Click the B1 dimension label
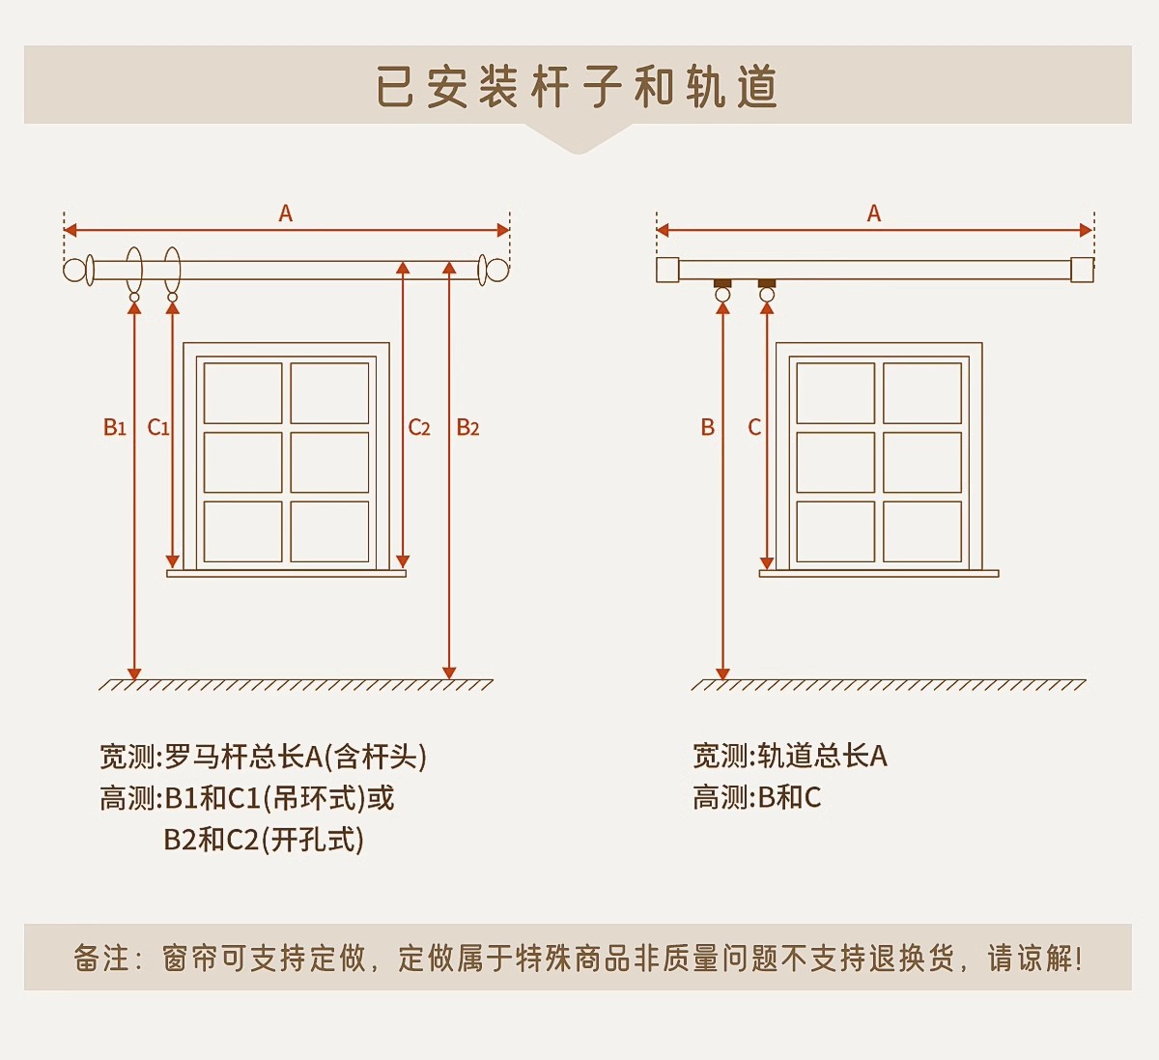pyautogui.click(x=115, y=427)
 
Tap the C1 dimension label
pyautogui.click(x=158, y=427)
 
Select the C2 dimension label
pyautogui.click(x=419, y=427)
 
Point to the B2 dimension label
pyautogui.click(x=468, y=427)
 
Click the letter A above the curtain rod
pyautogui.click(x=286, y=214)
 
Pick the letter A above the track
pyautogui.click(x=874, y=214)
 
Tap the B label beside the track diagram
pyautogui.click(x=708, y=427)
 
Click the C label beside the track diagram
pyautogui.click(x=754, y=427)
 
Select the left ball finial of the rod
pyautogui.click(x=74, y=270)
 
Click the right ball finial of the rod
pyautogui.click(x=497, y=270)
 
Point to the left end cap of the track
pyautogui.click(x=667, y=270)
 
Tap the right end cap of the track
pyautogui.click(x=1082, y=270)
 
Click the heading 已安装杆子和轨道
pyautogui.click(x=578, y=87)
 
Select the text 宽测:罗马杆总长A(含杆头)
pyautogui.click(x=263, y=756)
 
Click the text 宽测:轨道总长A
pyautogui.click(x=789, y=756)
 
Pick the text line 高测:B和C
pyautogui.click(x=756, y=798)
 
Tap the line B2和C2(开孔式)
pyautogui.click(x=264, y=840)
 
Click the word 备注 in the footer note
pyautogui.click(x=101, y=958)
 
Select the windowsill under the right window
pyautogui.click(x=879, y=573)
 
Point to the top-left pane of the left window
pyautogui.click(x=243, y=393)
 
